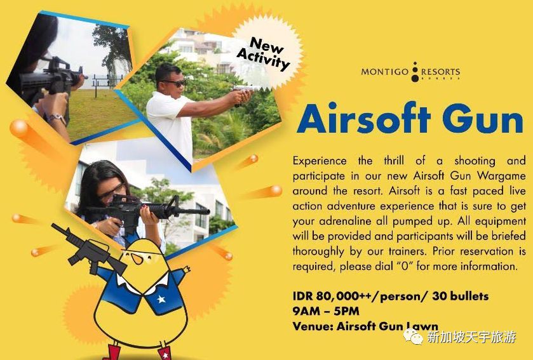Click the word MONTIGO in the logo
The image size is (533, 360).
[384, 72]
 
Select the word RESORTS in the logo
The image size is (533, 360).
[440, 72]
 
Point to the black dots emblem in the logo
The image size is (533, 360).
[415, 72]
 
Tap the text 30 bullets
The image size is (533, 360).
[460, 296]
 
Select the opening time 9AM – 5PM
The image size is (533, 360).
[326, 310]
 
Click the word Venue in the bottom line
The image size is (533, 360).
[313, 326]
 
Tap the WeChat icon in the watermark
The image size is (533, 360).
[414, 337]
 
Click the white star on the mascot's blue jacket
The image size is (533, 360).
[161, 299]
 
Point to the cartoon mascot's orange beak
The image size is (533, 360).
[137, 258]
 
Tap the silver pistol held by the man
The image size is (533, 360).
[245, 90]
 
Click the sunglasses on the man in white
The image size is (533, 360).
[173, 83]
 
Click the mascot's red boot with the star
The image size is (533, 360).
[165, 352]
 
